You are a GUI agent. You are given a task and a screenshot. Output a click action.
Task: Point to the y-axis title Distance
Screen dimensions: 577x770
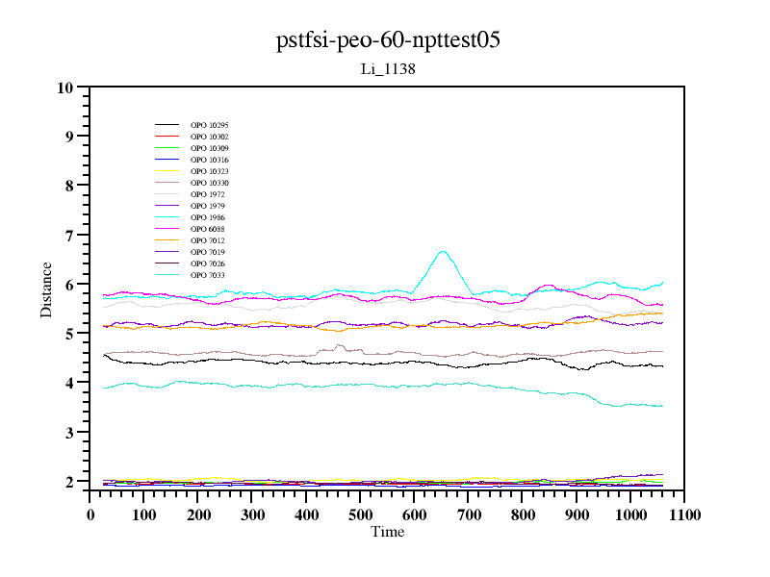[x=46, y=288]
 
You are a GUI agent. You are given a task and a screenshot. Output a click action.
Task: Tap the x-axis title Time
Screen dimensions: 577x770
[x=387, y=532]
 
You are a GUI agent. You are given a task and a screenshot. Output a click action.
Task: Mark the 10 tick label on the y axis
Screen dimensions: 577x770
[x=65, y=88]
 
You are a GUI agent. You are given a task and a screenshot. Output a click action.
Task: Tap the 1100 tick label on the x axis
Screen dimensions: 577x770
[x=683, y=514]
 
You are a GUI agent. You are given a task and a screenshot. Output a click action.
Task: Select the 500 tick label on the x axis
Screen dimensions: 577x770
[x=360, y=514]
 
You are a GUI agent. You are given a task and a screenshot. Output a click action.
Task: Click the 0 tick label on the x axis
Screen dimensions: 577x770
[x=90, y=514]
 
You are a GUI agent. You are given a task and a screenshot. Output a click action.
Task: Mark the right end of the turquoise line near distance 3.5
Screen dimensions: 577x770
[x=661, y=406]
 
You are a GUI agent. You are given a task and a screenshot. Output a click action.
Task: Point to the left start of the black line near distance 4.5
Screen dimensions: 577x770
[x=104, y=355]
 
